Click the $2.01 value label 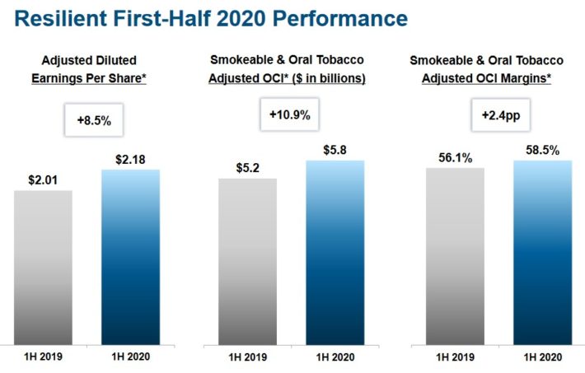tap(43, 178)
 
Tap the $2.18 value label tap(130, 156)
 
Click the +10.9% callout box tap(289, 116)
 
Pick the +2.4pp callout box tap(501, 116)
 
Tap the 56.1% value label tap(454, 156)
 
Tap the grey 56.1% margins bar tap(456, 255)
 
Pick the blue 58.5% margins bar tap(542, 251)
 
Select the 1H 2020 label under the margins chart tap(542, 358)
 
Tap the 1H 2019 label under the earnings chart tap(43, 358)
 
